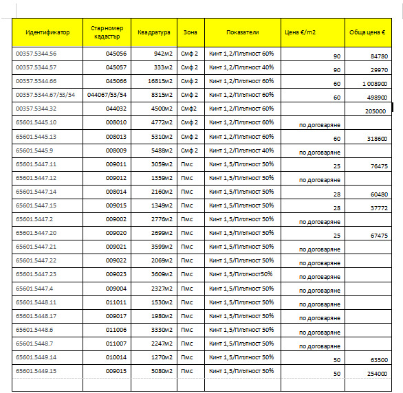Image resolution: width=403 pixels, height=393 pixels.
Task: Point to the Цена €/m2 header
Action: pos(301,32)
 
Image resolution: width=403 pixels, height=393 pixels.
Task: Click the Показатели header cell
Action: pos(242,32)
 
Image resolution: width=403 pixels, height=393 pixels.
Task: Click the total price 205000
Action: pos(375,111)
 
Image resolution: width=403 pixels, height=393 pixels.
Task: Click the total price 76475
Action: pos(378,166)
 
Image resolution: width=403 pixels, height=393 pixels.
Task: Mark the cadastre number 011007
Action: pos(116,343)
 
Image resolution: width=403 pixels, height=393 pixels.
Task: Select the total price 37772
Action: pos(378,208)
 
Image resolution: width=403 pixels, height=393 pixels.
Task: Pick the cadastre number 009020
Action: pos(116,233)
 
